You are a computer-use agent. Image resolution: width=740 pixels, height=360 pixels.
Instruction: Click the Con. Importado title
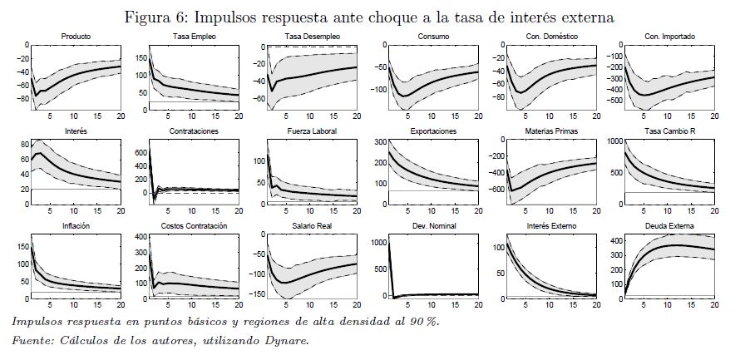coord(668,37)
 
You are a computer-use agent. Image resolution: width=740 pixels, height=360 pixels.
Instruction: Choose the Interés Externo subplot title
coord(550,226)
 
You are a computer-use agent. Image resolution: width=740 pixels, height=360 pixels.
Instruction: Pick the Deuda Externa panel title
coord(668,226)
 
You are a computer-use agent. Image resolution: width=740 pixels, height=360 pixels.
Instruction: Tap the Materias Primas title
coord(550,131)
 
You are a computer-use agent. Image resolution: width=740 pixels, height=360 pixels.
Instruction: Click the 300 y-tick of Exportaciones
coord(377,141)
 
